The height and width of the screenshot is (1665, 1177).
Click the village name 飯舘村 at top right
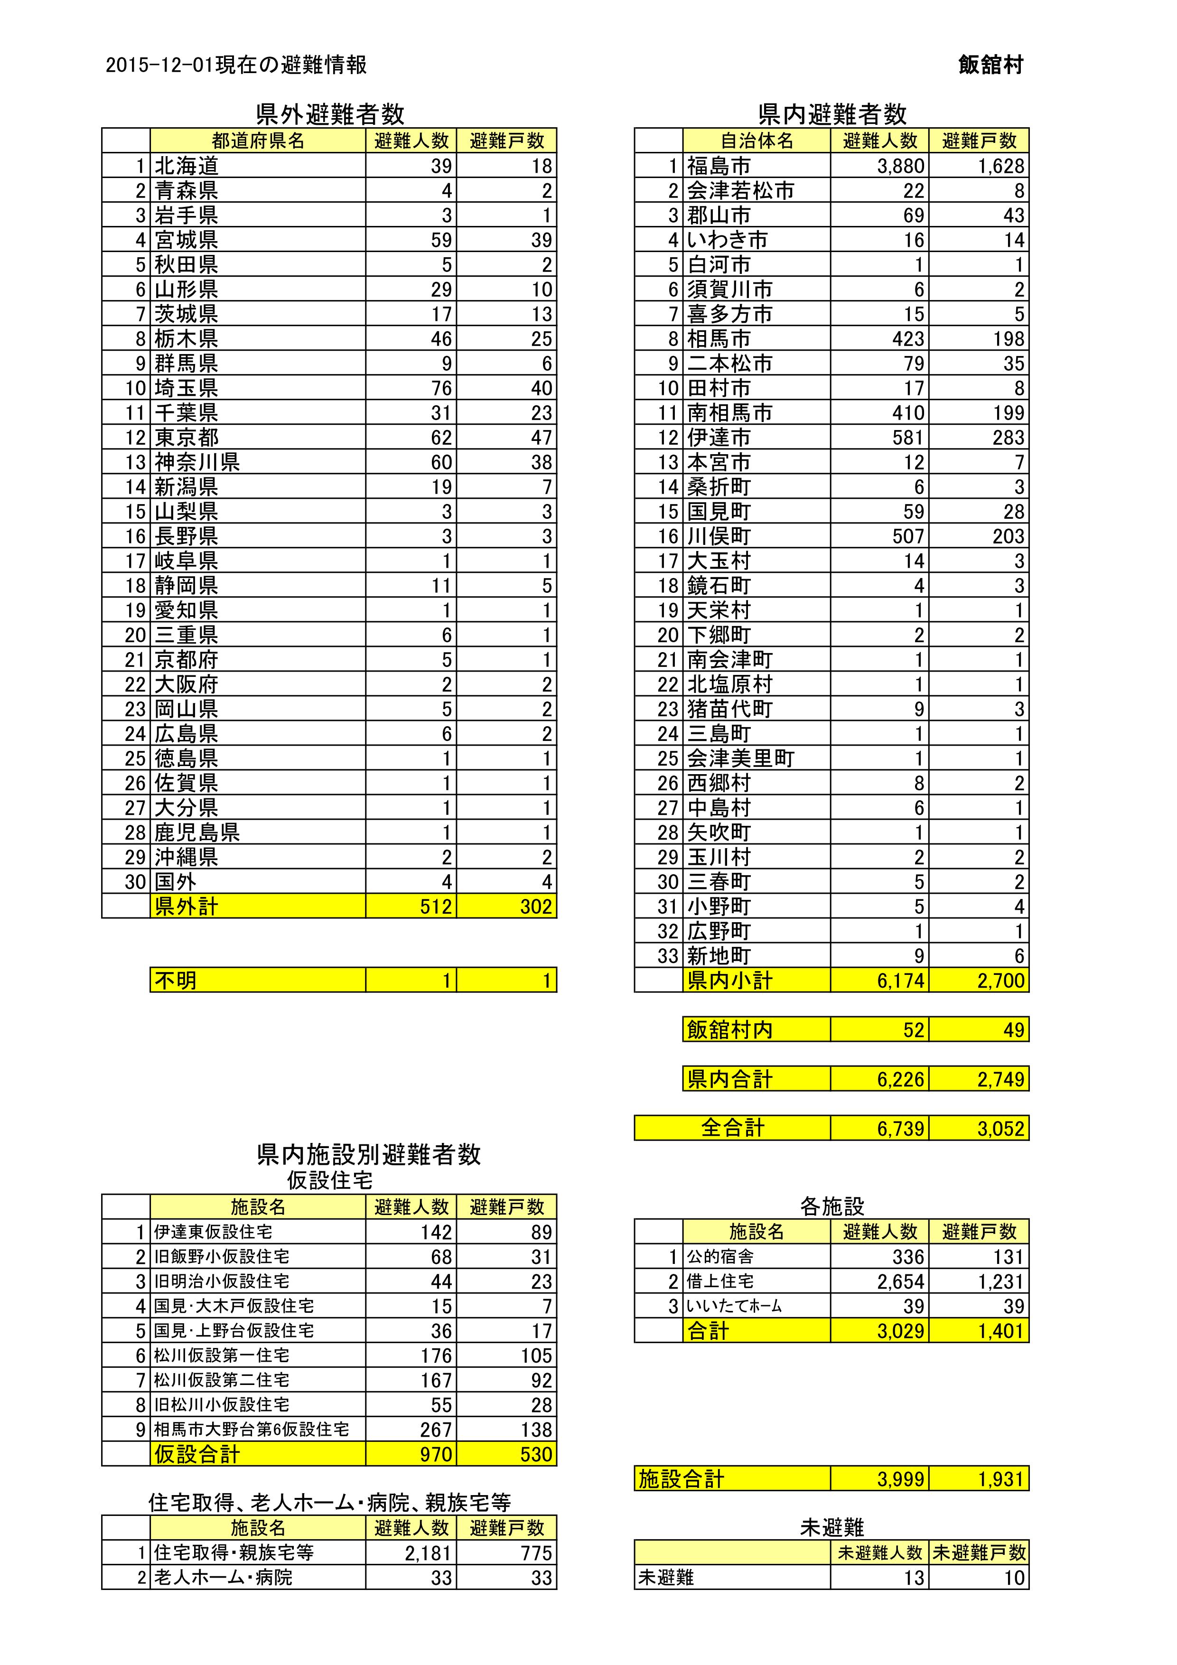click(990, 65)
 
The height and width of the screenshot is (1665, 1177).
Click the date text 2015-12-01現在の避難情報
click(236, 65)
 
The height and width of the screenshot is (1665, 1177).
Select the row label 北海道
click(187, 166)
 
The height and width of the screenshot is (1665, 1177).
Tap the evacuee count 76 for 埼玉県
click(441, 388)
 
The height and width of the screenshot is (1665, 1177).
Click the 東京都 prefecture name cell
click(187, 437)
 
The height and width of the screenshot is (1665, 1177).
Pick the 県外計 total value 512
click(436, 907)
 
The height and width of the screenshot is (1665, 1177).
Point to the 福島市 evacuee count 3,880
click(901, 166)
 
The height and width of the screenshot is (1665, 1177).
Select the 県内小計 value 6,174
click(901, 981)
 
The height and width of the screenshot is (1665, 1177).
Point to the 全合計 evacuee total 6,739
click(901, 1128)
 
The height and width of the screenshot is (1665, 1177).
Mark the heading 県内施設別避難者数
click(368, 1154)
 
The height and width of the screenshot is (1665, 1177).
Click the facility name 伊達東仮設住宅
click(213, 1231)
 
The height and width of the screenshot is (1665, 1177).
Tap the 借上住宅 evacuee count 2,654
click(901, 1281)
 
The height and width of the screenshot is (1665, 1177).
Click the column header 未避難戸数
click(979, 1553)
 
